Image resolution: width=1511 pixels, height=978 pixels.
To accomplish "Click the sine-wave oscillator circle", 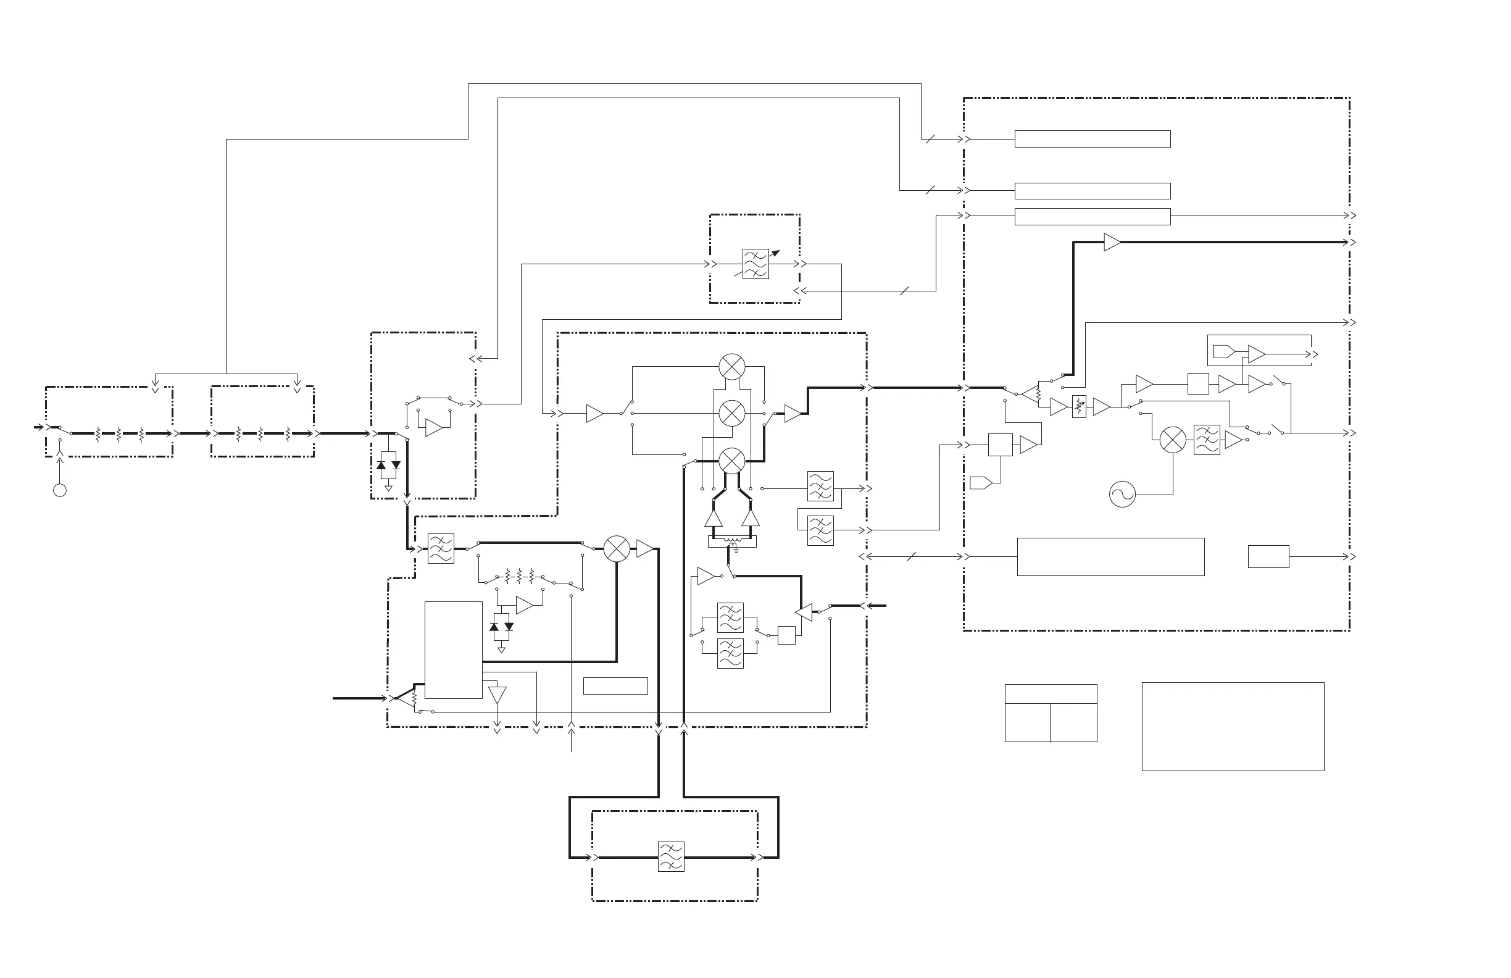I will coord(1122,494).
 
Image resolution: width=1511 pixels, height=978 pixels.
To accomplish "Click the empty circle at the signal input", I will coord(60,490).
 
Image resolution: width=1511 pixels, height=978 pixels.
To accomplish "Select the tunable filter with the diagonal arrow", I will coord(755,264).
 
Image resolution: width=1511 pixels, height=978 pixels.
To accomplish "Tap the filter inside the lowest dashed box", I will coord(671,857).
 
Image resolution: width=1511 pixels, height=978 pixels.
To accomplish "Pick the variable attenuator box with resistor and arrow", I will coord(1079,406).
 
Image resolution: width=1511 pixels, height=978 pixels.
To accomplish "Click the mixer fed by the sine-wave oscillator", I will coord(1173,440).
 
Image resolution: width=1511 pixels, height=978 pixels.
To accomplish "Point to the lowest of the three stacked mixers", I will coord(732,461).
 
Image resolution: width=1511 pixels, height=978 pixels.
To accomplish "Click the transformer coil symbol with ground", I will coord(733,543).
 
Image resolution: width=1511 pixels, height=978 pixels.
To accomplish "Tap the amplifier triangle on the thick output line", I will coord(1112,242).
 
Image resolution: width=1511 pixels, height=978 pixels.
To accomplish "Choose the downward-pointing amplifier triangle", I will coord(497,695).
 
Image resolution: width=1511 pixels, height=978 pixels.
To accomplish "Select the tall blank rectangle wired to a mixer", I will coord(453,650).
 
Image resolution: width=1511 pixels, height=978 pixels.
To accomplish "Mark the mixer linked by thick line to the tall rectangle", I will coord(617,549).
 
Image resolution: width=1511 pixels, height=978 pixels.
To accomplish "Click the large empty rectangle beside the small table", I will coord(1233,727).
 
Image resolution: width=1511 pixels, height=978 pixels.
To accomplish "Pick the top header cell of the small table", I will coord(1051,693).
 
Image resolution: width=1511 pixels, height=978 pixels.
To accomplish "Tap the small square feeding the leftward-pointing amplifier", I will coord(786,635).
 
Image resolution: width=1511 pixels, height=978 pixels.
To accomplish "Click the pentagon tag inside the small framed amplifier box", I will coord(1223,351).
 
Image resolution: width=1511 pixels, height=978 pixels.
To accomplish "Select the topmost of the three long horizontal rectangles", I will coord(1092,138).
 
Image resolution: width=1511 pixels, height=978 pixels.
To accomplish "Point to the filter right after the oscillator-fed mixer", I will coord(1206,440).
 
